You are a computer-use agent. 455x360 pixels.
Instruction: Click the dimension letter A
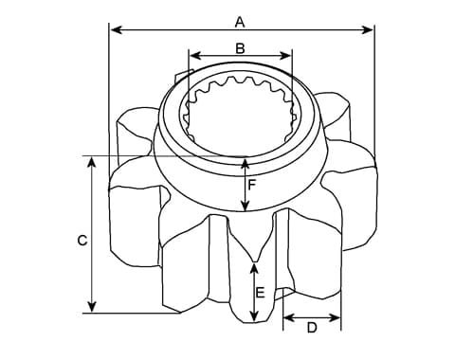coord(240,23)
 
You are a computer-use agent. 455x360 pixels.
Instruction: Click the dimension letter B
coord(240,48)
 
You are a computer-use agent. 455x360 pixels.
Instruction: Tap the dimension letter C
coord(82,241)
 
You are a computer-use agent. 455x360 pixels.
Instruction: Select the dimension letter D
coord(312,328)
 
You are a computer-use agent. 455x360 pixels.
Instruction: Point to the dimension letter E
coord(260,293)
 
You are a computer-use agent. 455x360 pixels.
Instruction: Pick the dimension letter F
coord(251,185)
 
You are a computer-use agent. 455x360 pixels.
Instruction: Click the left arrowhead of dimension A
coord(118,30)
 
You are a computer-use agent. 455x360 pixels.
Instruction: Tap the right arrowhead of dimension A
coord(367,30)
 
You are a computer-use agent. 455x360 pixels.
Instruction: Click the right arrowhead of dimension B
coord(285,56)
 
